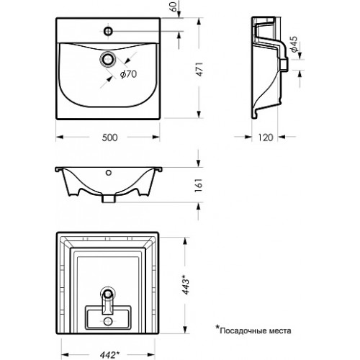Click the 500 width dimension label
(x=109, y=138)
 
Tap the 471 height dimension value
(x=199, y=69)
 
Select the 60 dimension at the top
(x=174, y=6)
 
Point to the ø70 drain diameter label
(x=128, y=74)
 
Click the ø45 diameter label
(x=294, y=44)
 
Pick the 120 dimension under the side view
(x=266, y=138)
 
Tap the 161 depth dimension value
(x=199, y=185)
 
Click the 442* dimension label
(x=110, y=354)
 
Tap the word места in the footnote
(x=282, y=331)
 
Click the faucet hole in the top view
(x=108, y=31)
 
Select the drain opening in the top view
(x=108, y=59)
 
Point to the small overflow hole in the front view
(x=109, y=172)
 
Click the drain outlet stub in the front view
(x=109, y=199)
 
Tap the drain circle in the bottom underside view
(x=108, y=294)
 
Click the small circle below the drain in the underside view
(x=108, y=321)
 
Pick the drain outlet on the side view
(x=284, y=64)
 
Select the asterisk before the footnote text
(x=217, y=328)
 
